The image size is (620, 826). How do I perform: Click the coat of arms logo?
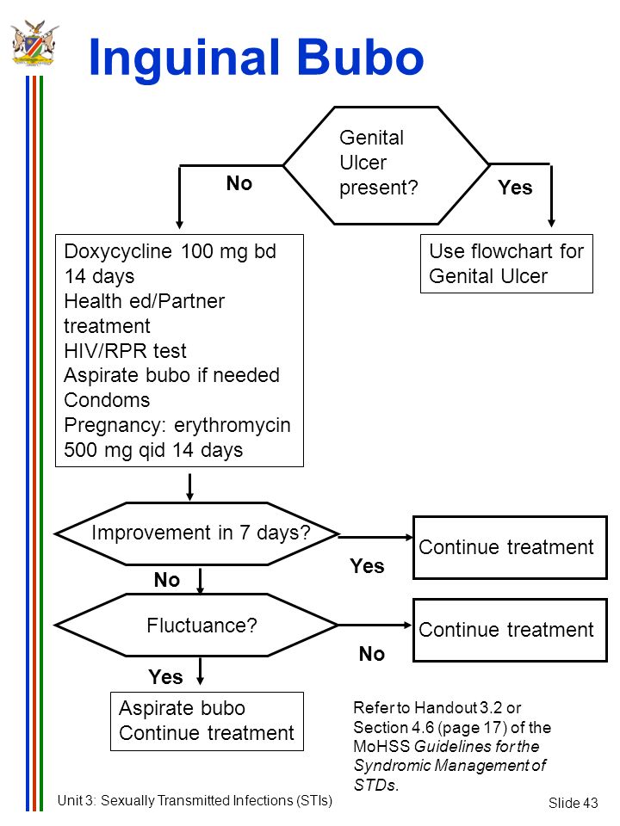[x=34, y=42]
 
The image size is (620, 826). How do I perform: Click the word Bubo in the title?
[x=361, y=57]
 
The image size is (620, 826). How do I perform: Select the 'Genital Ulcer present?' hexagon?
[x=387, y=165]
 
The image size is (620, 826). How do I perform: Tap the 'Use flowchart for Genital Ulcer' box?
[x=506, y=263]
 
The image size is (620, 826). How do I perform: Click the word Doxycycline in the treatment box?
[x=118, y=252]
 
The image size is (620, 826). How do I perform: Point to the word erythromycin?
[x=232, y=425]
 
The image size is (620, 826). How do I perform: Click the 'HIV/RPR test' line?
[x=125, y=351]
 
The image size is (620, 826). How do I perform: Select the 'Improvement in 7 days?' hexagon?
[x=196, y=533]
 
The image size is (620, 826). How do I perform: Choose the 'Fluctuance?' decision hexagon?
[x=196, y=626]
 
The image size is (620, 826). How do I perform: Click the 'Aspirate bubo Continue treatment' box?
[x=207, y=721]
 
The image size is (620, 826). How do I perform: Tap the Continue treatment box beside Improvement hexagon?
[x=511, y=547]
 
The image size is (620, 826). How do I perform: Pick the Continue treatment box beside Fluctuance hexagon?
[x=511, y=630]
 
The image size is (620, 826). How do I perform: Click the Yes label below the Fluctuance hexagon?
[x=165, y=677]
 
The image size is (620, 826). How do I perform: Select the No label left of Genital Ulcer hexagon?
[x=239, y=183]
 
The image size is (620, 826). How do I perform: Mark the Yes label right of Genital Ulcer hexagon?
[x=515, y=188]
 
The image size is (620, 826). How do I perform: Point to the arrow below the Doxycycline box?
[x=189, y=487]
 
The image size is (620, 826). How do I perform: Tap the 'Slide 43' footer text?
[x=573, y=803]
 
